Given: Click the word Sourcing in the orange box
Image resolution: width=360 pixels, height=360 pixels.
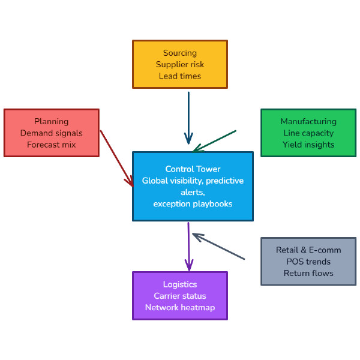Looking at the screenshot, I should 180,53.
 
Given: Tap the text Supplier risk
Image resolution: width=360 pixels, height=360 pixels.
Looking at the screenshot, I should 180,64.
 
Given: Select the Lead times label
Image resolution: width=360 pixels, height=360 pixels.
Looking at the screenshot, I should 180,76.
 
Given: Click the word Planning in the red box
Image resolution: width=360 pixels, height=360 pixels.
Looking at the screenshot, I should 52,121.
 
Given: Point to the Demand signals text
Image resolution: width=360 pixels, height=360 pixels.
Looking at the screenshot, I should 52,133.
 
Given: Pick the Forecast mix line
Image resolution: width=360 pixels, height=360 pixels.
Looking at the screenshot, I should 52,145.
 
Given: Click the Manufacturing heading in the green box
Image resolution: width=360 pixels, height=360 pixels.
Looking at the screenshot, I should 308,121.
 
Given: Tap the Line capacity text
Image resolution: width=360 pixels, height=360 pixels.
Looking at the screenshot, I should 308,133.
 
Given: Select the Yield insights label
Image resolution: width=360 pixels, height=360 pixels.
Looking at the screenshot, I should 308,145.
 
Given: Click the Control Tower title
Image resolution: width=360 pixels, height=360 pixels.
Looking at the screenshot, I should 193,169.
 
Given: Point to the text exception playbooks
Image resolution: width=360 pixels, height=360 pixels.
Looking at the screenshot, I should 193,204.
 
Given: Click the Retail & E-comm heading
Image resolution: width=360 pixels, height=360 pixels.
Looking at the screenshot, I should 308,250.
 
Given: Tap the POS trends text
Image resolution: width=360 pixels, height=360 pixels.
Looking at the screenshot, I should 308,262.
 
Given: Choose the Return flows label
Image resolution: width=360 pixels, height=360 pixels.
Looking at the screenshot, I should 308,273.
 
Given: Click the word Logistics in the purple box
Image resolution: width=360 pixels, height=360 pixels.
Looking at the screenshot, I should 180,284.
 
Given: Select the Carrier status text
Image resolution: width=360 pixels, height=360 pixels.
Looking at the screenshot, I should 180,296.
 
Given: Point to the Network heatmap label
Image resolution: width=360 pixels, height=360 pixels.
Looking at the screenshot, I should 180,308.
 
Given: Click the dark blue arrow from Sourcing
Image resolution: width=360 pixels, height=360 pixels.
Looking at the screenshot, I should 188,117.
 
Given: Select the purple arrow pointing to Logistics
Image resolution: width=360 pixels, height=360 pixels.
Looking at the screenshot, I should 189,246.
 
